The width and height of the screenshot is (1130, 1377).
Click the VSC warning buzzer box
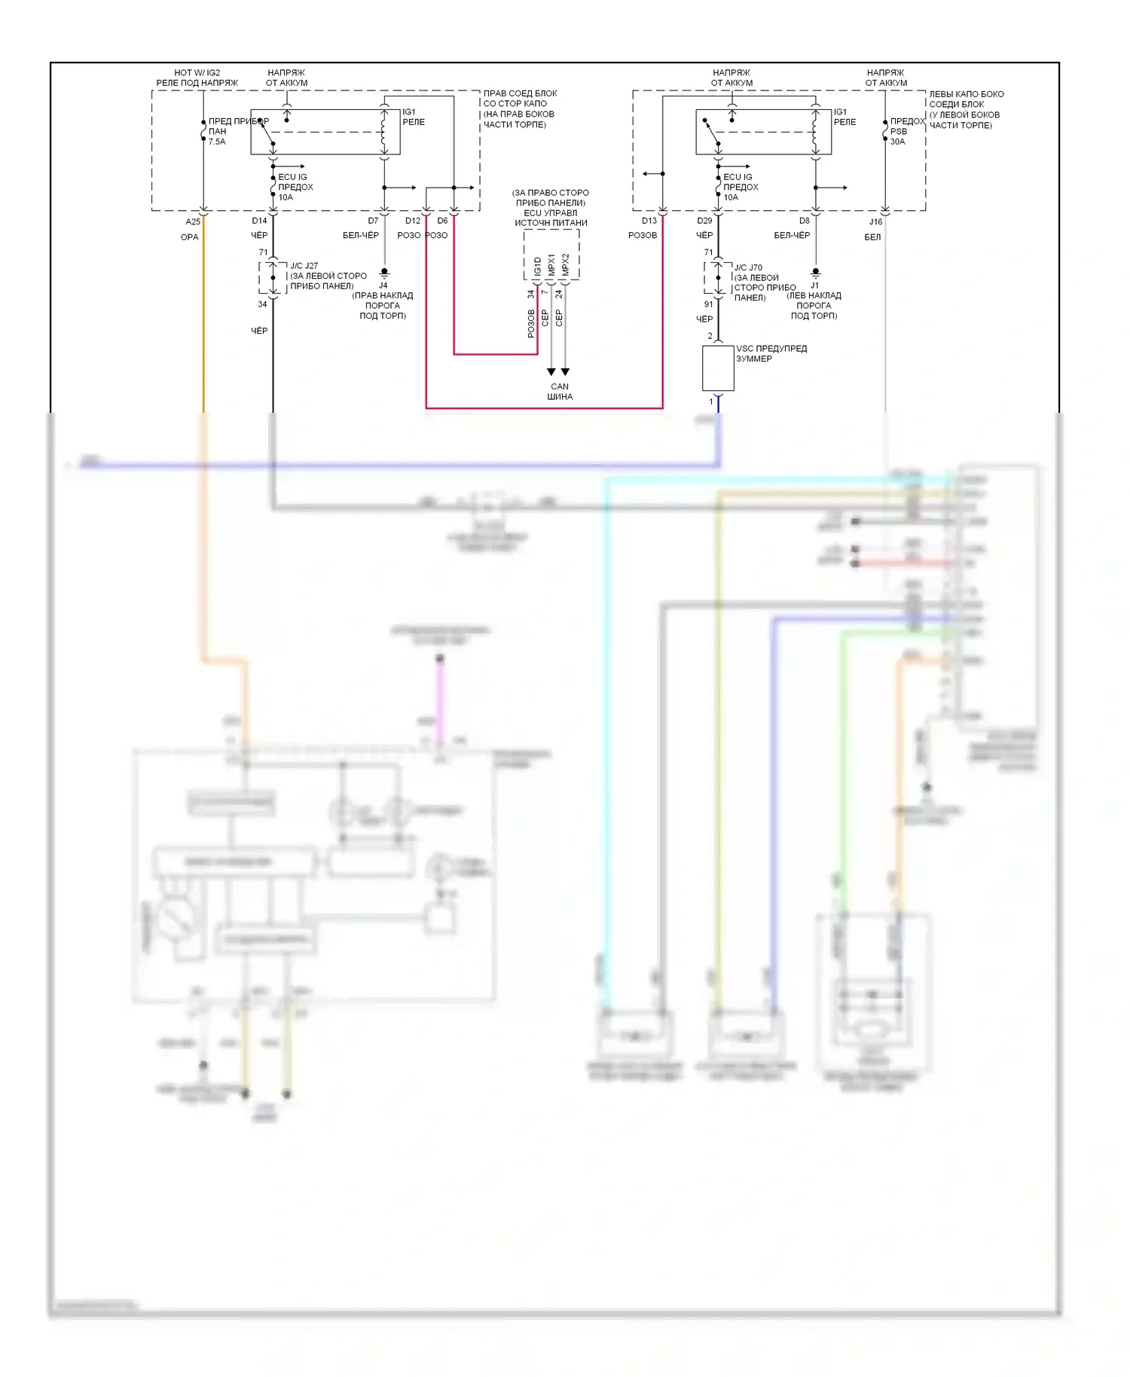718,368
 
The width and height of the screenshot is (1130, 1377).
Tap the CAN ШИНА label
560,392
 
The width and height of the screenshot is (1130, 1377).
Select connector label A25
193,221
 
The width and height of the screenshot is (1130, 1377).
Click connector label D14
259,221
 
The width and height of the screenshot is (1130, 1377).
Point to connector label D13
649,221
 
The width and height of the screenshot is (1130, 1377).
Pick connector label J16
875,221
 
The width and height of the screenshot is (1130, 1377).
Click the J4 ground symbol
384,272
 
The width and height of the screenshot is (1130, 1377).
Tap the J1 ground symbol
815,272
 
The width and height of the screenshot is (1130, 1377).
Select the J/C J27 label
304,266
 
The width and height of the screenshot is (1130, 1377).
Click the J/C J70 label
748,267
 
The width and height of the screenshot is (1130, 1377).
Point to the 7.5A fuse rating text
217,142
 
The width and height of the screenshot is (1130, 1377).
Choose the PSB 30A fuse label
899,136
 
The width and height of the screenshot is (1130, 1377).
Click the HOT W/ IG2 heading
197,73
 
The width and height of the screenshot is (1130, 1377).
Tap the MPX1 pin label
551,264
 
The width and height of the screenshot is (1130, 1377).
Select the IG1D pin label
537,267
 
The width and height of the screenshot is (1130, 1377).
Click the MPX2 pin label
566,264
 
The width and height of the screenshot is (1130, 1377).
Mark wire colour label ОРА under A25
189,237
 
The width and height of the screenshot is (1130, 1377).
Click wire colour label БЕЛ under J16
872,237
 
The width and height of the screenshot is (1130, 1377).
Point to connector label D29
704,221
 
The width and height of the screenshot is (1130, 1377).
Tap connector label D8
805,221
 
